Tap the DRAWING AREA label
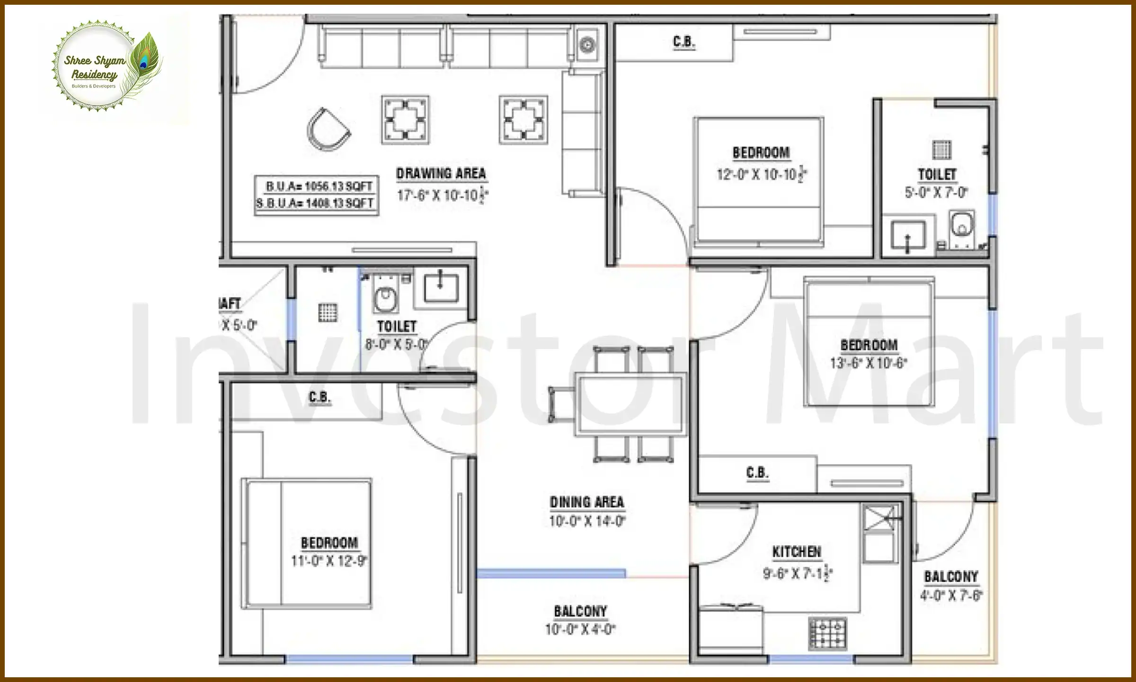(441, 174)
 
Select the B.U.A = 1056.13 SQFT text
(319, 186)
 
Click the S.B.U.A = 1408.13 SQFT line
(316, 204)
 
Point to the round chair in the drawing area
(328, 129)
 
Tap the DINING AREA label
(587, 502)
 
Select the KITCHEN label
(797, 552)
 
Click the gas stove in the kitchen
(827, 633)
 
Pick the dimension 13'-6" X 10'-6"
(869, 363)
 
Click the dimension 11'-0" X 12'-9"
(329, 561)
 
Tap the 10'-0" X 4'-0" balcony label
(580, 629)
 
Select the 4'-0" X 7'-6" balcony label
(951, 595)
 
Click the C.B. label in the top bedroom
(684, 42)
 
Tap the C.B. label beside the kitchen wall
(757, 473)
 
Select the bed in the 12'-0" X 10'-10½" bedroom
(758, 180)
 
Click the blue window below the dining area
(550, 574)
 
